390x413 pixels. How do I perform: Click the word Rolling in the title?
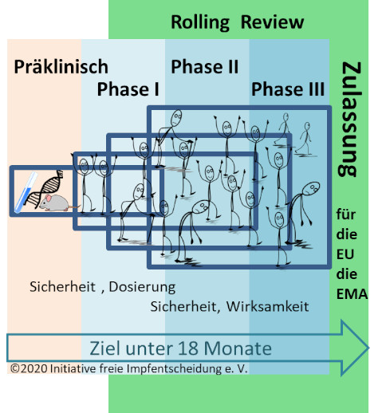click(x=200, y=23)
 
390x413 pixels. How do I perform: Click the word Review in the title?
click(x=272, y=22)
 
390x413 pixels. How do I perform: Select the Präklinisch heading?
click(x=61, y=66)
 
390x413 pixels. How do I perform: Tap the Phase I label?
click(x=128, y=89)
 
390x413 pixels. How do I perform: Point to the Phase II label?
click(x=205, y=66)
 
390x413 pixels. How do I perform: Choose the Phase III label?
click(x=288, y=89)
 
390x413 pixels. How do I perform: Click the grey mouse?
click(x=57, y=203)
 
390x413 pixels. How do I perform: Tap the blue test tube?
click(x=26, y=192)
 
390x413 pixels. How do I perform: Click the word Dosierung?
click(x=142, y=287)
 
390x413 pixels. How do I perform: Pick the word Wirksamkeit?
click(x=267, y=306)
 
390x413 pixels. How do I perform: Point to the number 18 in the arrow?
click(x=187, y=348)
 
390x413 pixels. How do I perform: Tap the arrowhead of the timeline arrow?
click(x=355, y=348)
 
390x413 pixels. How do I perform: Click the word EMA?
click(x=352, y=294)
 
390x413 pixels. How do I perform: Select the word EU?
click(x=345, y=254)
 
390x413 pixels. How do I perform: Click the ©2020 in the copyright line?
click(x=29, y=368)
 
